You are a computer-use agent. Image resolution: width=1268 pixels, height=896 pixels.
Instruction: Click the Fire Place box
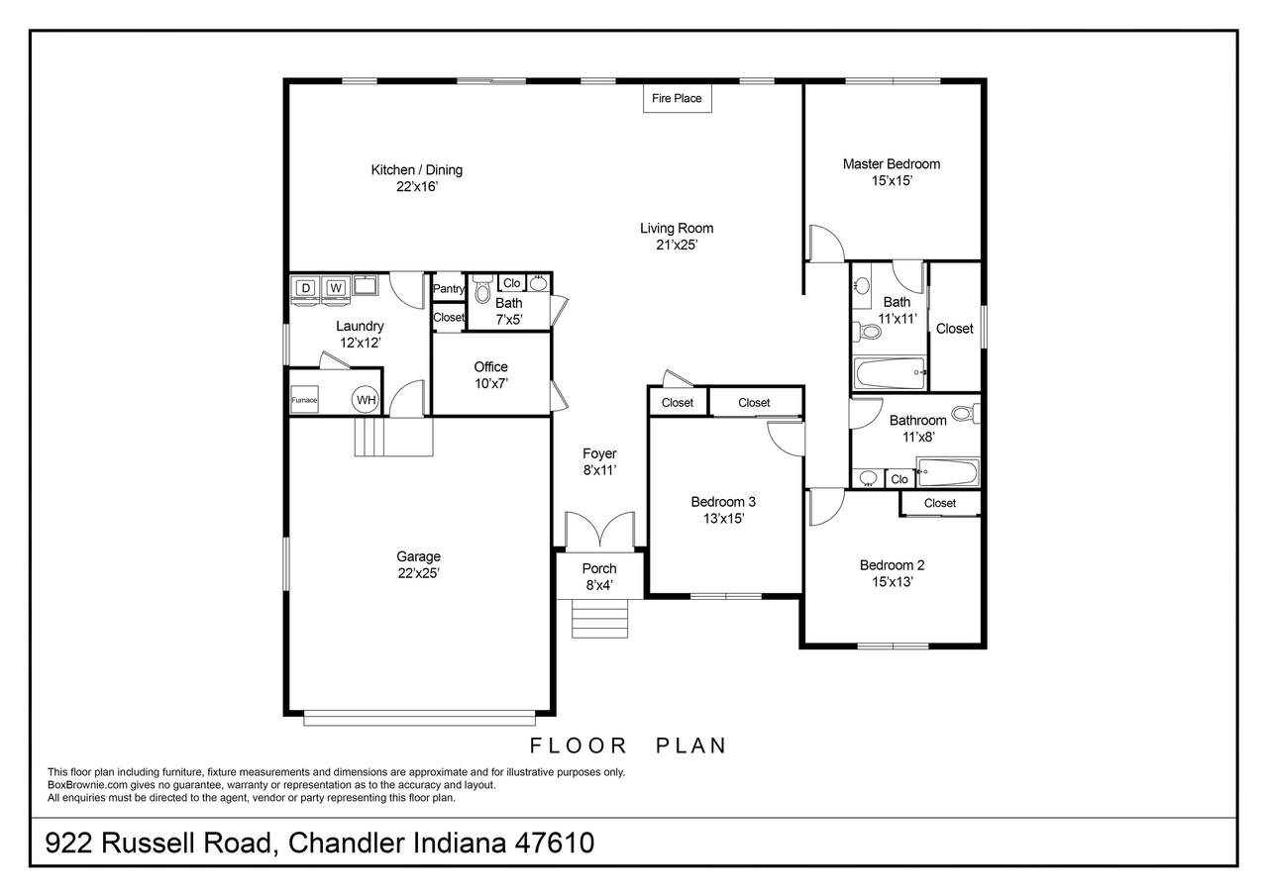(x=677, y=98)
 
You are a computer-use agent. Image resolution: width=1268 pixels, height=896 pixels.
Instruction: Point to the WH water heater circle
(x=366, y=400)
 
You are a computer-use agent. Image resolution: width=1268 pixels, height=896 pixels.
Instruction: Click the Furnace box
(x=304, y=400)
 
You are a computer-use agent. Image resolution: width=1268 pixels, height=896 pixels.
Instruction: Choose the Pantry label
(x=449, y=288)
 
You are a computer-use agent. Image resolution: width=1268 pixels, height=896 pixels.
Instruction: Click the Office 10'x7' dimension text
(x=490, y=383)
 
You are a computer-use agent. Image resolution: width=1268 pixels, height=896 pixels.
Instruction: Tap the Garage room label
(x=418, y=556)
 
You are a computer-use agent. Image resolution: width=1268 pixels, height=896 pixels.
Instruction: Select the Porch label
(x=599, y=568)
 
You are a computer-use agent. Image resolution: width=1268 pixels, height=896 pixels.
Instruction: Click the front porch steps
(x=600, y=618)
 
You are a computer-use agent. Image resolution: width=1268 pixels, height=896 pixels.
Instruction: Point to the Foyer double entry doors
(x=599, y=532)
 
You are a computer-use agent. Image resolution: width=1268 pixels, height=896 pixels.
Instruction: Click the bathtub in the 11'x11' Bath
(x=890, y=373)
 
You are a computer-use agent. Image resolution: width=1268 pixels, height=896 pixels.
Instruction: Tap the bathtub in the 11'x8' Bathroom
(x=948, y=471)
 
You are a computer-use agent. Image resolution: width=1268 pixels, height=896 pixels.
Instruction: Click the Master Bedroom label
(x=892, y=164)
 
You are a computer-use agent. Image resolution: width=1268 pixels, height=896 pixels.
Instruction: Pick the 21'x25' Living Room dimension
(x=677, y=245)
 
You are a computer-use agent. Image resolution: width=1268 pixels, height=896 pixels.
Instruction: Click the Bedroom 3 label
(x=723, y=502)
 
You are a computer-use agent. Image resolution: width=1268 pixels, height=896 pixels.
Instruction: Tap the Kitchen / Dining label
(x=417, y=169)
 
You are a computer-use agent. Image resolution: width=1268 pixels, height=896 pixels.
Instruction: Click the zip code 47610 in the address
(x=554, y=843)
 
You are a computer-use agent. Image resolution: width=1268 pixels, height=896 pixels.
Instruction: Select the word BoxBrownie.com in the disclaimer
(x=88, y=785)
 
